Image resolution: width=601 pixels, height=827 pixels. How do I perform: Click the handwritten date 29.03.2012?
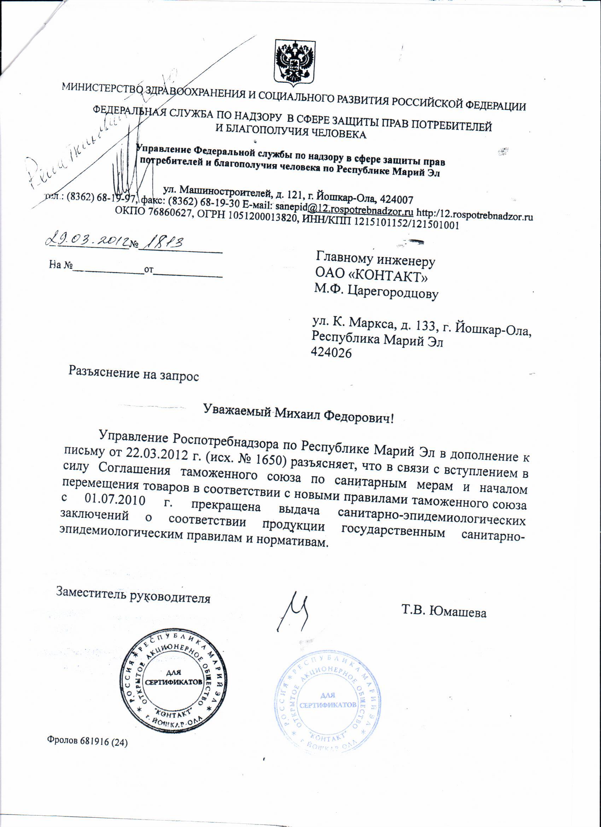coord(87,241)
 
